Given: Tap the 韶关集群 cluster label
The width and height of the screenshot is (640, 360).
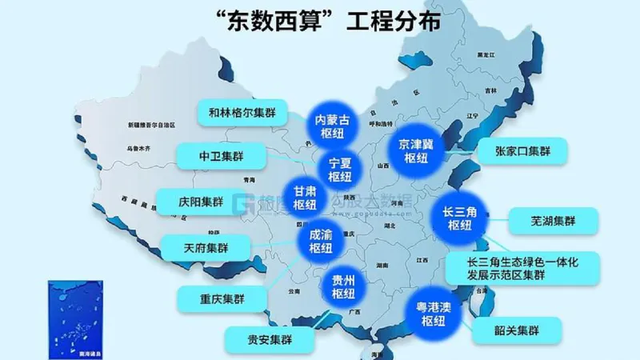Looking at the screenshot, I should [517, 330].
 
